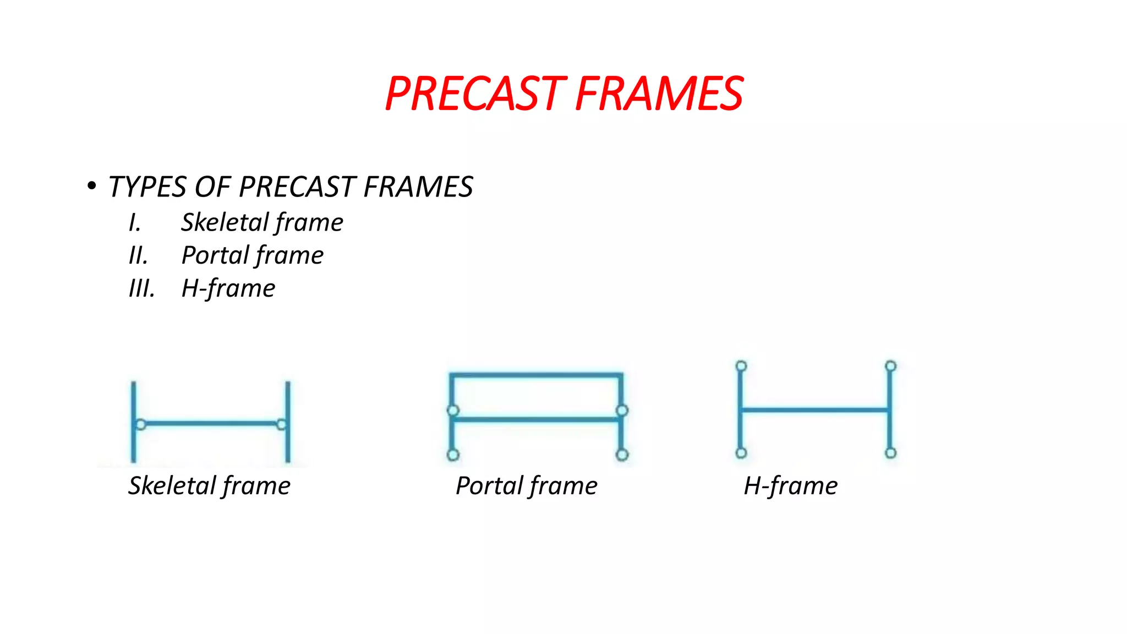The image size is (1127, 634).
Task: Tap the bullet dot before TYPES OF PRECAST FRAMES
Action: (91, 185)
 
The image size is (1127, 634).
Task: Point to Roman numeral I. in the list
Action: (135, 223)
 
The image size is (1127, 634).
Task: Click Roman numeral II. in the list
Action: (138, 256)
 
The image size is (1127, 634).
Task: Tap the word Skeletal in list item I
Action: (225, 223)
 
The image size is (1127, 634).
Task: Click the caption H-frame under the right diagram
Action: (791, 486)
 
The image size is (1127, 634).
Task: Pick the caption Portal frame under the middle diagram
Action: (527, 486)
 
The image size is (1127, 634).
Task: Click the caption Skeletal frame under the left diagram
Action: (209, 486)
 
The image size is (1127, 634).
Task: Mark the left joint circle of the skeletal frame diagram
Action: (141, 424)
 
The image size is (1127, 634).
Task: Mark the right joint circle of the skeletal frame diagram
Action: (282, 424)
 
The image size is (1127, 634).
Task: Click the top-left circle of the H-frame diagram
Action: (741, 366)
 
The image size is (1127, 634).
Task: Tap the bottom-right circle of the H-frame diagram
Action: (891, 453)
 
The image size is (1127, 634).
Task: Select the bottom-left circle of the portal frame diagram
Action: (453, 455)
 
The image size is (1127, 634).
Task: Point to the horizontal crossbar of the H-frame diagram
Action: (816, 409)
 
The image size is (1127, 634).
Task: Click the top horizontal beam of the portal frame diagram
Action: (537, 376)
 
